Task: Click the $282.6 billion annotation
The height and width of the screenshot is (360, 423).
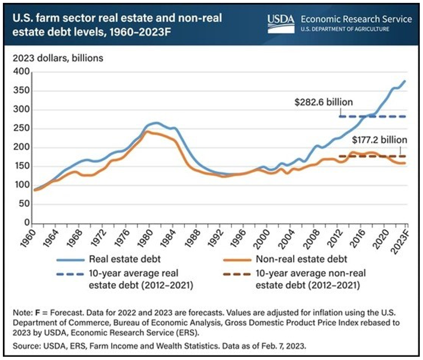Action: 322,102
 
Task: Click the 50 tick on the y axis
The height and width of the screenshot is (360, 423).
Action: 23,204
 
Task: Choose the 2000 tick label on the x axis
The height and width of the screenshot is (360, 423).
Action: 257,237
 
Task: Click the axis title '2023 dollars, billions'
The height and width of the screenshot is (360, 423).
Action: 58,58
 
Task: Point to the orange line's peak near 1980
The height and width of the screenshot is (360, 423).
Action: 146,132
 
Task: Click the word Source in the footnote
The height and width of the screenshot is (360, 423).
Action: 22,346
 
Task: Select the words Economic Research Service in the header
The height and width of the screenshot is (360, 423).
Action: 355,19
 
